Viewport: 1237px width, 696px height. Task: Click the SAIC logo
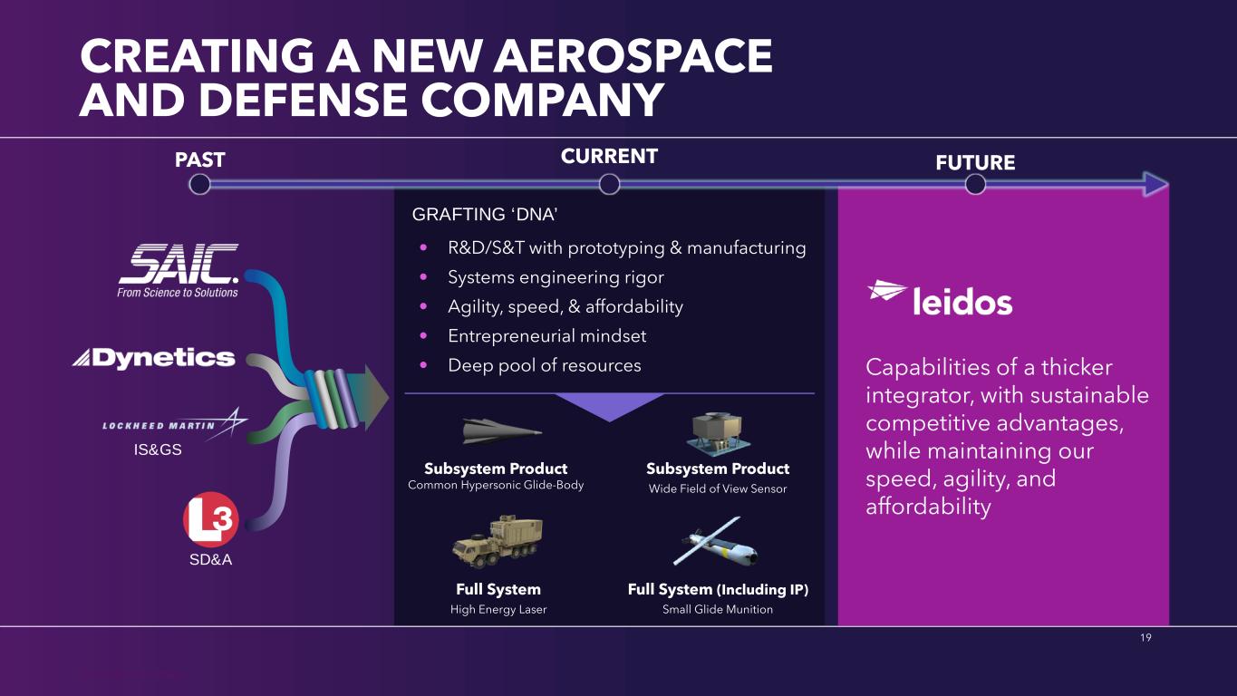pos(178,270)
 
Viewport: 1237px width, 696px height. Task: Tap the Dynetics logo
pos(154,359)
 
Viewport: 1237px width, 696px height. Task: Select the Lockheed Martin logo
pos(175,424)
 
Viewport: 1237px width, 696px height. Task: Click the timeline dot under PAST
pos(199,185)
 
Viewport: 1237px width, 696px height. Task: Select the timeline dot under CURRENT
pos(609,185)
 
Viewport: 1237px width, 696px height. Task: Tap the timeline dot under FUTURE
pos(975,185)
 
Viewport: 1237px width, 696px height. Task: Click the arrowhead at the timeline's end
pos(1155,185)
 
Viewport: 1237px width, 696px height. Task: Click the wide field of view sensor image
pos(718,434)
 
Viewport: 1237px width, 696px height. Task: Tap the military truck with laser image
pos(497,542)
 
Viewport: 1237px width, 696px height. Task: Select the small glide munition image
pos(716,542)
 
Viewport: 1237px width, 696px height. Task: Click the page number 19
pos(1145,637)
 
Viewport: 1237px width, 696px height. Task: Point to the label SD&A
pos(210,559)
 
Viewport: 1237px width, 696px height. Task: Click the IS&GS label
pos(158,449)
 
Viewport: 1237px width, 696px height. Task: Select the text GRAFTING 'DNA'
pos(484,214)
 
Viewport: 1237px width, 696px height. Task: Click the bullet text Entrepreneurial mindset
pos(546,336)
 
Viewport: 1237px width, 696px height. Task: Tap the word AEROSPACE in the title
pos(633,56)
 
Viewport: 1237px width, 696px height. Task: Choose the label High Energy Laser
pos(498,609)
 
